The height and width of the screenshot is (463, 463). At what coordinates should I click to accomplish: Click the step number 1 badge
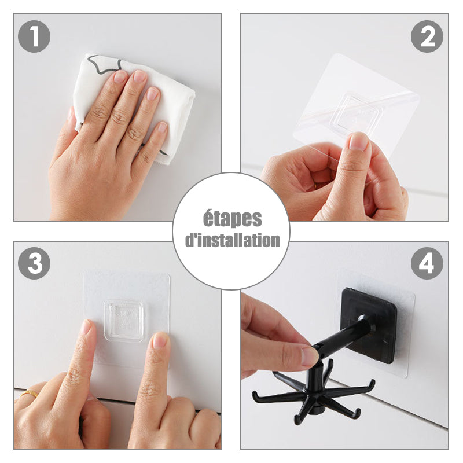coord(34,36)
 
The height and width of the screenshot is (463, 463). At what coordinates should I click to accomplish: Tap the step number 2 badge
coord(427,36)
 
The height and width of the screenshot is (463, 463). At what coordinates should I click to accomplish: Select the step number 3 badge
coord(34,263)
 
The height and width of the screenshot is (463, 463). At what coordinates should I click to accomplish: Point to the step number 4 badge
coord(427,263)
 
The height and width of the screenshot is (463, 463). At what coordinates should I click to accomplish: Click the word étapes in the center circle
coord(233,219)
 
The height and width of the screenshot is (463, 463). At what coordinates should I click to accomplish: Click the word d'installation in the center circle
coord(233,240)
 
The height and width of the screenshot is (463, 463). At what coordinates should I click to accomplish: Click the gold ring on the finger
coord(29,394)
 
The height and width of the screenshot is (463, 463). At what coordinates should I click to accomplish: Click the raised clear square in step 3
coord(124,321)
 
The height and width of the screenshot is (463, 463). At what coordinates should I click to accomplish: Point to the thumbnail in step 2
coord(358,141)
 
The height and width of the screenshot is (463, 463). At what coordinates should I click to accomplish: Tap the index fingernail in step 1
coord(120,76)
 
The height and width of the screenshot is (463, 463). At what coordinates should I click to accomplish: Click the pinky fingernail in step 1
coord(162,127)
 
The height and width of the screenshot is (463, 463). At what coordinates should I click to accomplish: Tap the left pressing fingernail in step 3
coord(86,327)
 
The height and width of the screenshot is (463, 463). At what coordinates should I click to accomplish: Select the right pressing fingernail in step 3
coord(161,340)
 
